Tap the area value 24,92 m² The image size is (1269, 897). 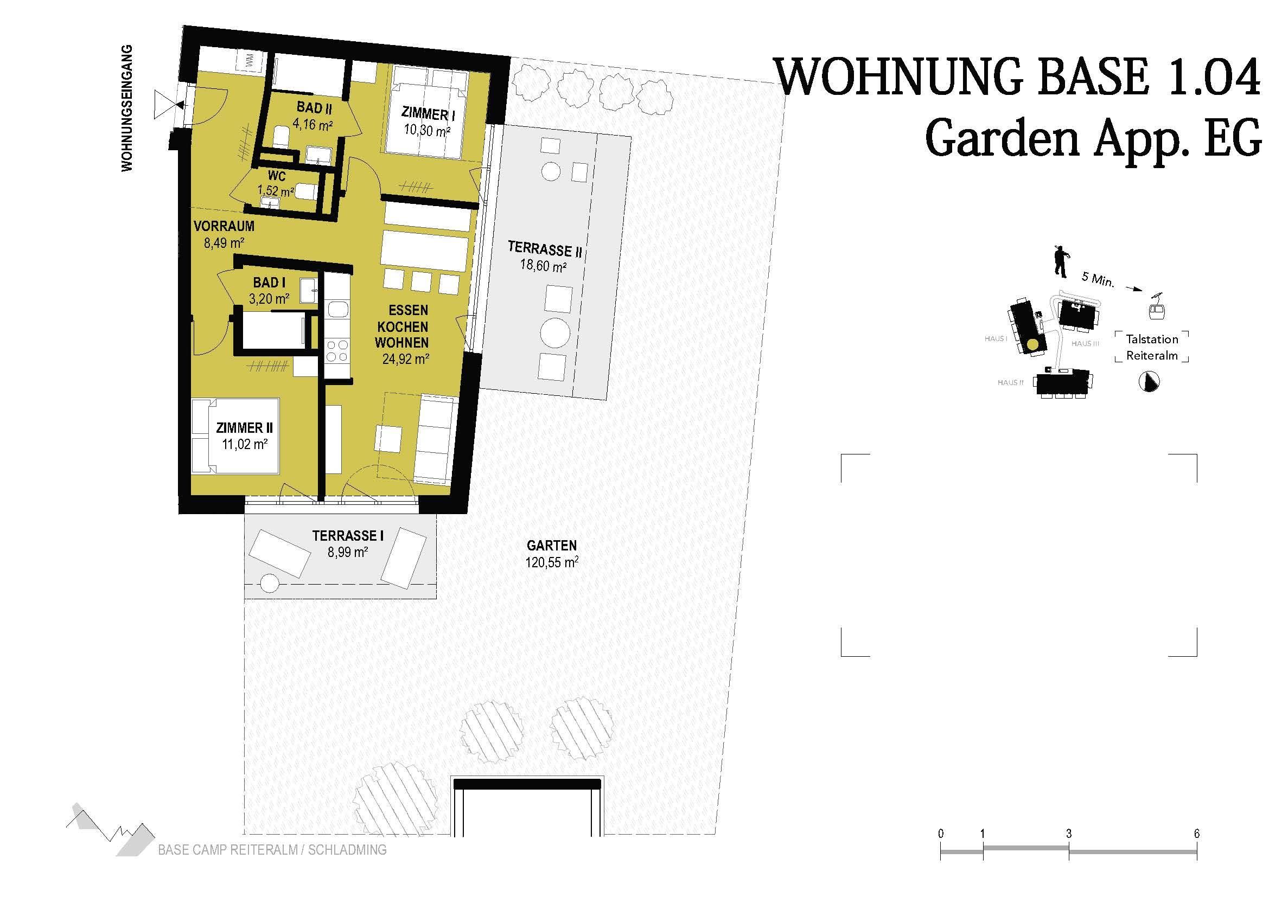click(406, 359)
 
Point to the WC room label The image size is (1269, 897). click(277, 176)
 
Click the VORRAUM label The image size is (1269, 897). click(224, 226)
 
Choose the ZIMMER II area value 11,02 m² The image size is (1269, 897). click(245, 444)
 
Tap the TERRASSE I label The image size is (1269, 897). click(348, 535)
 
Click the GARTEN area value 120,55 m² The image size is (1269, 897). click(552, 562)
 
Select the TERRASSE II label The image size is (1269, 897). click(545, 249)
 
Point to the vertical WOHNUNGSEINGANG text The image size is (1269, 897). click(127, 109)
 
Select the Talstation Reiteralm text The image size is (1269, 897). click(1152, 347)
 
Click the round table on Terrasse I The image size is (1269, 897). click(269, 584)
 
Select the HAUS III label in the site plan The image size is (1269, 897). click(1085, 343)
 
